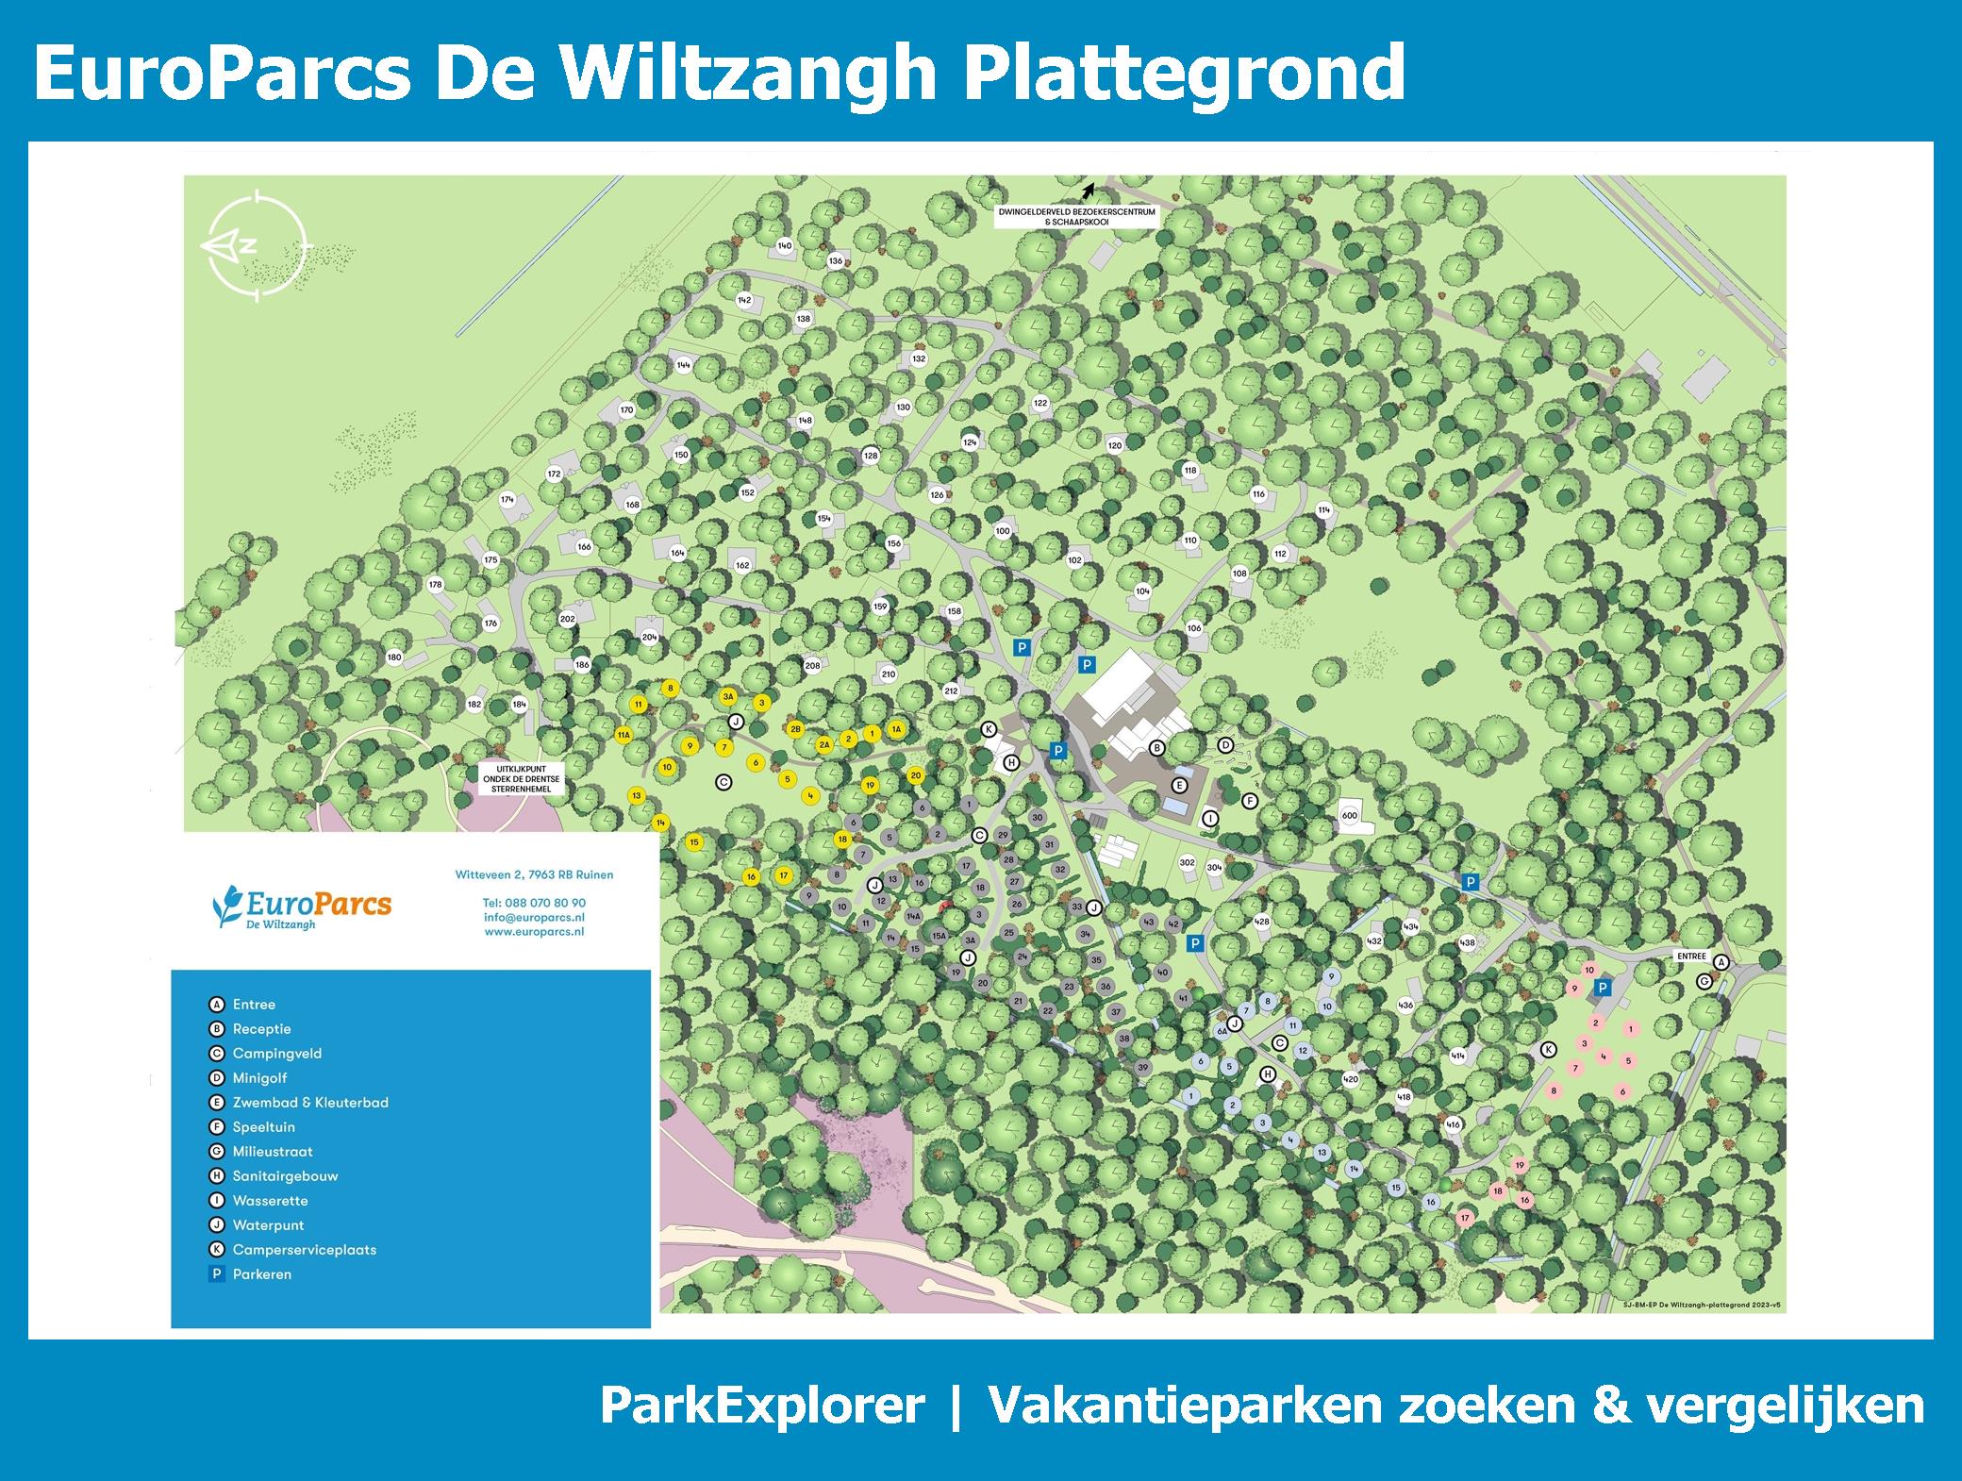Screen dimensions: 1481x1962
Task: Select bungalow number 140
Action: pos(784,246)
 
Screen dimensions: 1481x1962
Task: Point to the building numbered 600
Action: pos(1349,816)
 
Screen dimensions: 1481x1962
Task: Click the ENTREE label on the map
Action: pos(1691,956)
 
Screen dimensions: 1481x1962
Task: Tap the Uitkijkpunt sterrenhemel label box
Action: pos(522,777)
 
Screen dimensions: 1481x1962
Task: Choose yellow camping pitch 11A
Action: pos(623,735)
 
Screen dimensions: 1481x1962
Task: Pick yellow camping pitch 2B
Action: pos(795,729)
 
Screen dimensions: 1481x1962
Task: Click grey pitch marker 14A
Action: pos(913,916)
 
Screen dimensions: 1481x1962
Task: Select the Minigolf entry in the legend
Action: pos(259,1078)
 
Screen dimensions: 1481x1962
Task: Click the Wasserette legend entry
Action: pos(270,1201)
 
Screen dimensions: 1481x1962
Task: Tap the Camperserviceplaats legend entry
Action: pos(304,1250)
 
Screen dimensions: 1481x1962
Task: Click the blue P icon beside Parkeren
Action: pos(217,1274)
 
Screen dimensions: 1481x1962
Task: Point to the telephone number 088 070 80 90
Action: pos(534,903)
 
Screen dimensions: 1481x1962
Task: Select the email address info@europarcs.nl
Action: pos(534,917)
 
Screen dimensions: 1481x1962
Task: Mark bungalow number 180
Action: pos(394,657)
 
